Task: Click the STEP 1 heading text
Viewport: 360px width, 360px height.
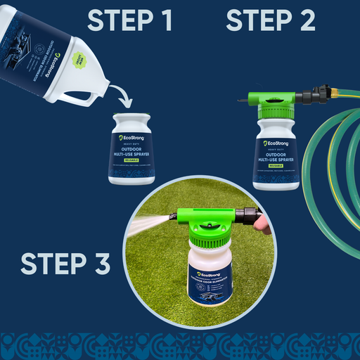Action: [130, 22]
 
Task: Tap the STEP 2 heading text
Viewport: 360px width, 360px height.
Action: [270, 22]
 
